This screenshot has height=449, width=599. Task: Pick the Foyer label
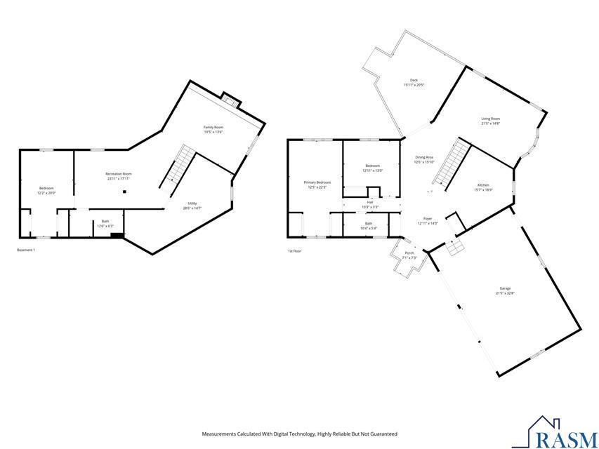[428, 221]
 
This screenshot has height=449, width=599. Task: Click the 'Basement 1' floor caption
[25, 250]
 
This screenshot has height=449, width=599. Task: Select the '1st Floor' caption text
[294, 250]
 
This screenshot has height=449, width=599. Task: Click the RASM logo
[555, 433]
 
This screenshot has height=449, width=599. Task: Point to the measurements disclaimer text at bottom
[299, 434]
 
